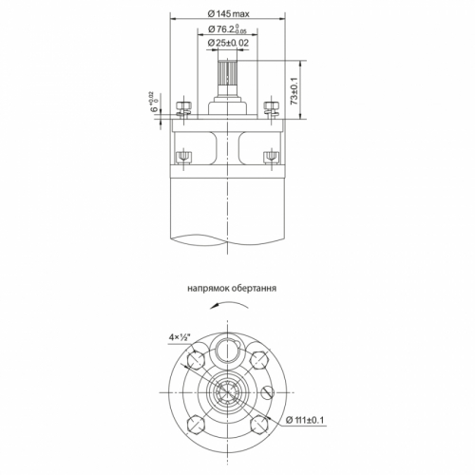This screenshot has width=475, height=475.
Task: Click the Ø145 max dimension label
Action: pyautogui.click(x=228, y=14)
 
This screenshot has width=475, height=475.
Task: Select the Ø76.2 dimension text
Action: pyautogui.click(x=227, y=29)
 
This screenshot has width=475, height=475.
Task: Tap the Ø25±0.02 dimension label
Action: pyautogui.click(x=228, y=43)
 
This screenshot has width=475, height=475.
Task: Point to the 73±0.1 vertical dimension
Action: pyautogui.click(x=294, y=91)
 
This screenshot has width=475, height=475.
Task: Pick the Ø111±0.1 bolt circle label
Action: pyautogui.click(x=305, y=420)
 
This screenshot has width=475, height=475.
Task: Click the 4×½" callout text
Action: pyautogui.click(x=180, y=337)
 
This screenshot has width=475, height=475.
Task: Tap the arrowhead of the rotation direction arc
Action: pyautogui.click(x=214, y=305)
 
